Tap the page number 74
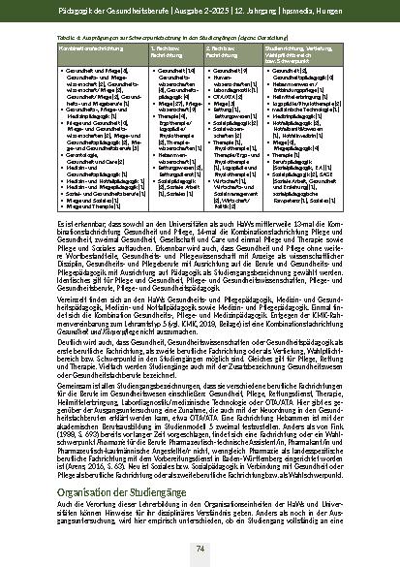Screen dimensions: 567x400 [x=200, y=549]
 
